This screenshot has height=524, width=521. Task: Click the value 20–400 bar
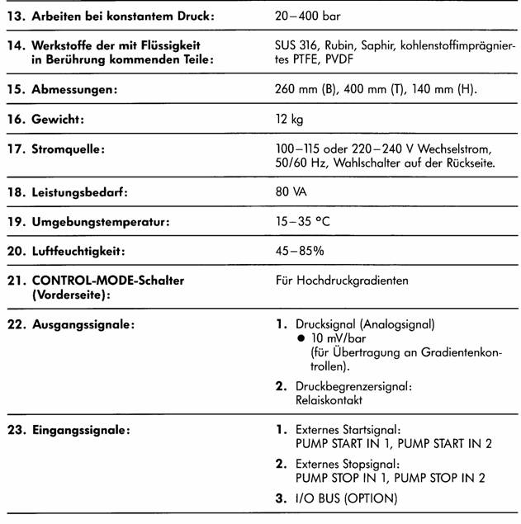tap(306, 16)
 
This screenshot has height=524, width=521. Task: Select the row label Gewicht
tap(59, 120)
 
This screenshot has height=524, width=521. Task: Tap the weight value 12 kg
tap(290, 120)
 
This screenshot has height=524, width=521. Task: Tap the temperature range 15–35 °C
tap(303, 222)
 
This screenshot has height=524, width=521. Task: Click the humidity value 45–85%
tap(301, 251)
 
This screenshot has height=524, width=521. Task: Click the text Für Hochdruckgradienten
tap(342, 281)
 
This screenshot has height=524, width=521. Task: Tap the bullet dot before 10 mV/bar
tap(301, 339)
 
